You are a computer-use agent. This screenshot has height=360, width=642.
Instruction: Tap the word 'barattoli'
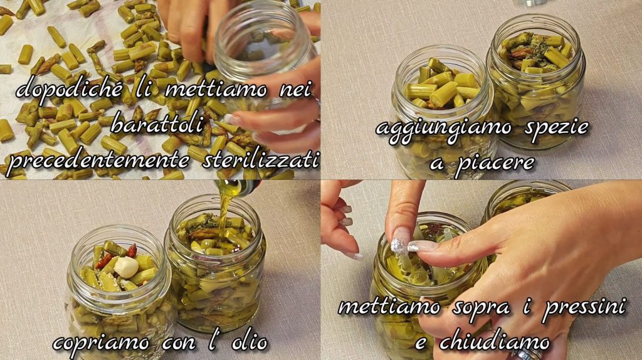(157, 124)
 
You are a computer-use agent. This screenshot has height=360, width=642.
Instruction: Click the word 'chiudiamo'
(494, 342)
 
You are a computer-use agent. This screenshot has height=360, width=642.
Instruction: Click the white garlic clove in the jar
(126, 267)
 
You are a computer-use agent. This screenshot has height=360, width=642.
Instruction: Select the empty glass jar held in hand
(264, 49)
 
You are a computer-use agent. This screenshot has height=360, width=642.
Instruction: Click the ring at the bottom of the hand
(527, 352)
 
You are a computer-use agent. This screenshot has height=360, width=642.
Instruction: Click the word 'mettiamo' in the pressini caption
(389, 306)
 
